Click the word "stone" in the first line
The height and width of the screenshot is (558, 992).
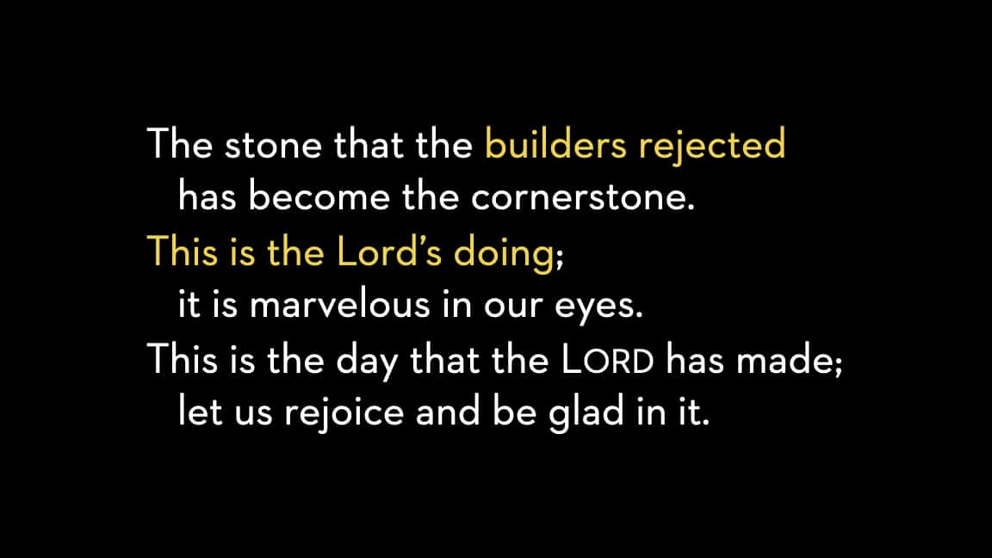(273, 146)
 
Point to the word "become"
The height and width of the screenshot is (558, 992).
(319, 195)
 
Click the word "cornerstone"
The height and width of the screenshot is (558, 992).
(579, 197)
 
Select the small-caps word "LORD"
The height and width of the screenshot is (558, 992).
(608, 360)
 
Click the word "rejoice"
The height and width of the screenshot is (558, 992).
(344, 413)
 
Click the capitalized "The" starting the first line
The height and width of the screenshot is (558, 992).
(180, 144)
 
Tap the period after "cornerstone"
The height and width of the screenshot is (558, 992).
(691, 208)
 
